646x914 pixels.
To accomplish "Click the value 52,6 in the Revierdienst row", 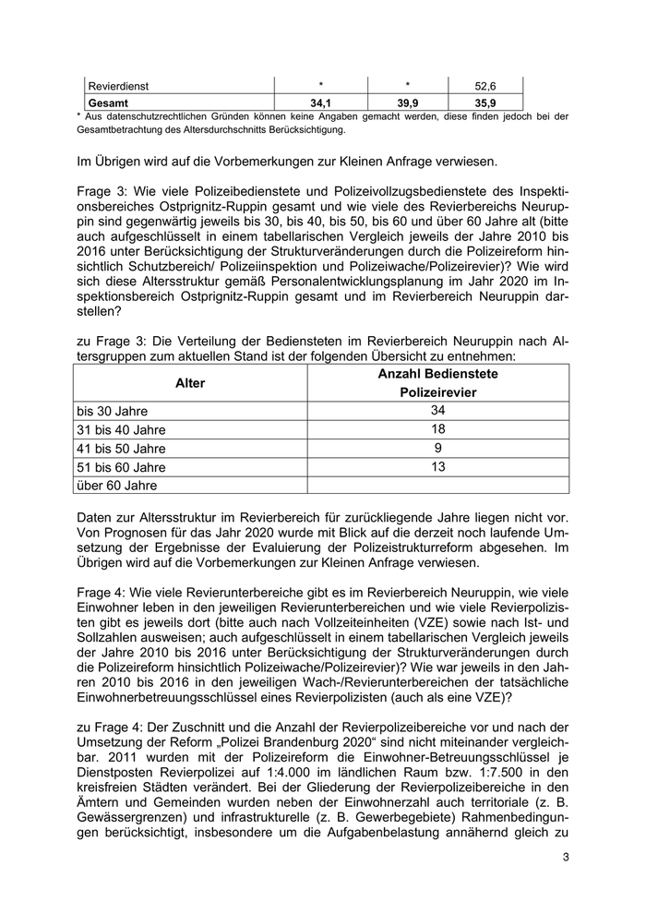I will (484, 86).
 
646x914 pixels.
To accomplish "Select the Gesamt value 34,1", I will (320, 102).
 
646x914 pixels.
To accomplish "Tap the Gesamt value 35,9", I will (484, 102).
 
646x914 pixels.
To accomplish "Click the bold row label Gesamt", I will (108, 102).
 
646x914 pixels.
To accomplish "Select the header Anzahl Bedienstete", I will (437, 373).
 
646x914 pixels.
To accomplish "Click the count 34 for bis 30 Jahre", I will (437, 410).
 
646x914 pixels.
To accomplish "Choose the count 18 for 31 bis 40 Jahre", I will (437, 428).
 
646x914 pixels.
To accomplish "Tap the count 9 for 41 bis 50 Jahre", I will (437, 448).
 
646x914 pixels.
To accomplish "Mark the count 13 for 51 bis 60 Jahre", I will (437, 466).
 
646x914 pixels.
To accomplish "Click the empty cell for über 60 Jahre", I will (437, 485).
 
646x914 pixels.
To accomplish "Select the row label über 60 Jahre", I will (116, 486).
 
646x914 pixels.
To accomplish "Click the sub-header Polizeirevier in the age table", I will (437, 392).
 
